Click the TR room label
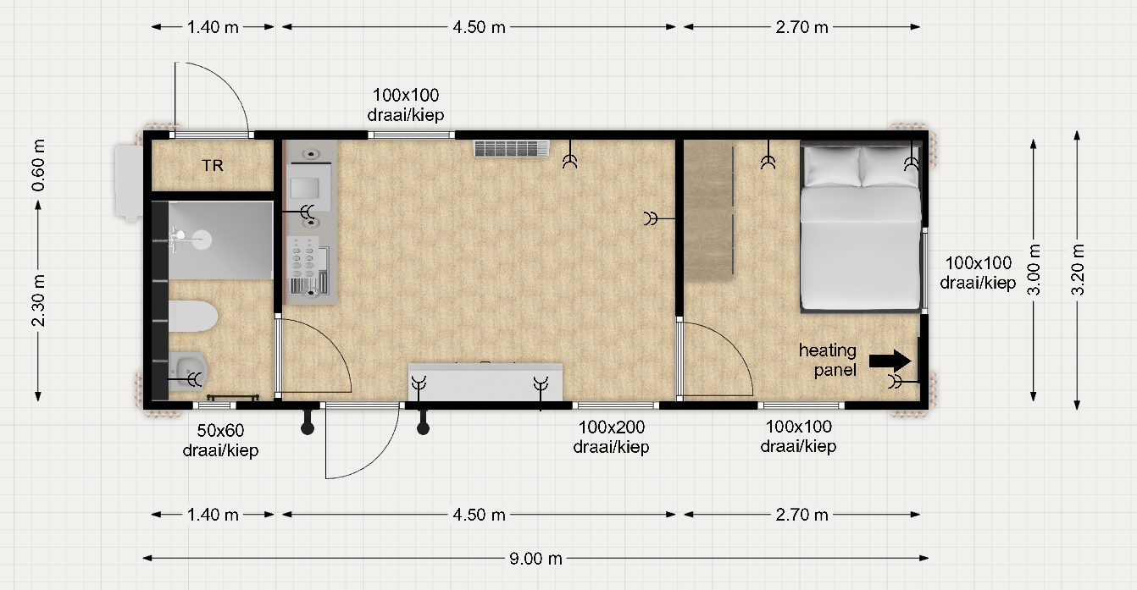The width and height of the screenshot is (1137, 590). tap(212, 165)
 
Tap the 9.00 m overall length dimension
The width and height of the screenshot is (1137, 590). tap(535, 559)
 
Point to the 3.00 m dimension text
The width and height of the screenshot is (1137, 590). tap(1034, 269)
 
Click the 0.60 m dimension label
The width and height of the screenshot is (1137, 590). tap(38, 165)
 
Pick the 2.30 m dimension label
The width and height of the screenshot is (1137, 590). tap(38, 301)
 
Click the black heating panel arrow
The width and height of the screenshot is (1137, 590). tap(890, 361)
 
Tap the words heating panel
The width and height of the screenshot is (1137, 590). tap(828, 360)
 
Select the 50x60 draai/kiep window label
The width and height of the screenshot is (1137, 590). tap(220, 440)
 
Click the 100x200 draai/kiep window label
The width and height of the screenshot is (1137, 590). tap(611, 437)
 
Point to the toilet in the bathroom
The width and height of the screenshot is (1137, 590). tap(193, 317)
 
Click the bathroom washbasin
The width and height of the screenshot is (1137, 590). tap(187, 371)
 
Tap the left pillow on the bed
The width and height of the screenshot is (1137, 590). tap(833, 167)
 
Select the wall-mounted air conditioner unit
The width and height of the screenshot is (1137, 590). tap(512, 148)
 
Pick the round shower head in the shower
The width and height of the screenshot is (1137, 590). tap(202, 240)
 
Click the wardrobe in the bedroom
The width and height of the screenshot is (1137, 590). tap(709, 209)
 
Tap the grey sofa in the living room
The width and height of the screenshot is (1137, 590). tap(485, 381)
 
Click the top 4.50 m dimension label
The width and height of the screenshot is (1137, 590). tap(479, 27)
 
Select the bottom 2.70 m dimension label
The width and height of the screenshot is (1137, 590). tap(801, 515)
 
